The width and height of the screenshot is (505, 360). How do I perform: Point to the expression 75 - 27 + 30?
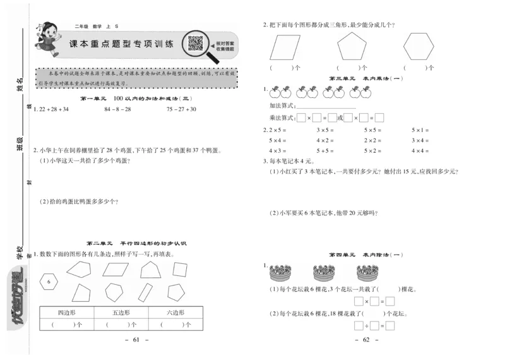coord(181,109)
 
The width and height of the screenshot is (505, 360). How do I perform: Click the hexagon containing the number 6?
coord(49,281)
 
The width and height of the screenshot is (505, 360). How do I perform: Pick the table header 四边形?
coord(67,313)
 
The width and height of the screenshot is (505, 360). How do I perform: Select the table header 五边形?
coord(121,313)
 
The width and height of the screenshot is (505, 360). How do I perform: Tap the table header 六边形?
coord(175,313)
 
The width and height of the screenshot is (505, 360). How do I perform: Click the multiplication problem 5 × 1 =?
coord(420,130)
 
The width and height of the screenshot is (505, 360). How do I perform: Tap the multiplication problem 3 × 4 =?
coord(420,140)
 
